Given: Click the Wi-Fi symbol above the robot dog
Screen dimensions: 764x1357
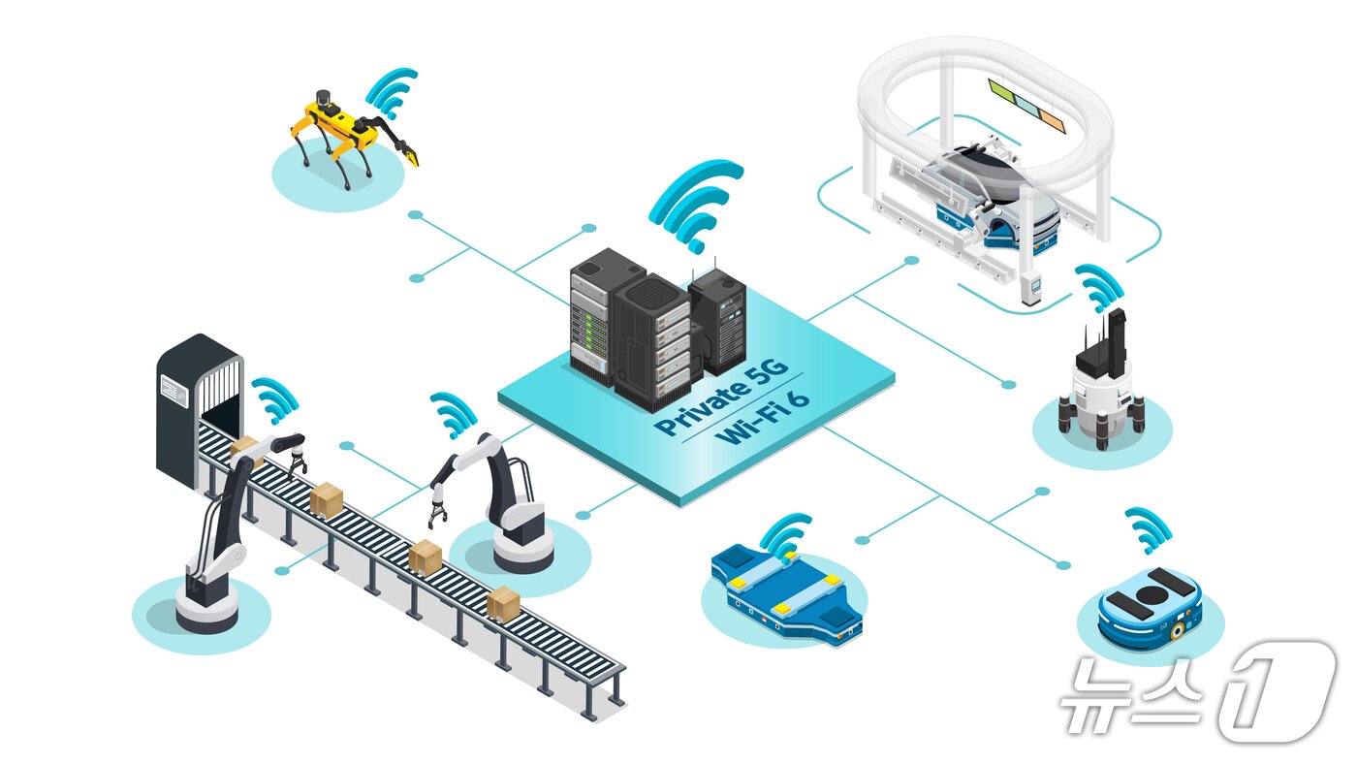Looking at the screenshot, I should (393, 91).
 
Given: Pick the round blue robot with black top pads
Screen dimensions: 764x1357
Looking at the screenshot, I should (1150, 605).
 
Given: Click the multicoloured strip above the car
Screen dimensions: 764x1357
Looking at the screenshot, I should (1026, 105).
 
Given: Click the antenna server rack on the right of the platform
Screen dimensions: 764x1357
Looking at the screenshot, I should (719, 320).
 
